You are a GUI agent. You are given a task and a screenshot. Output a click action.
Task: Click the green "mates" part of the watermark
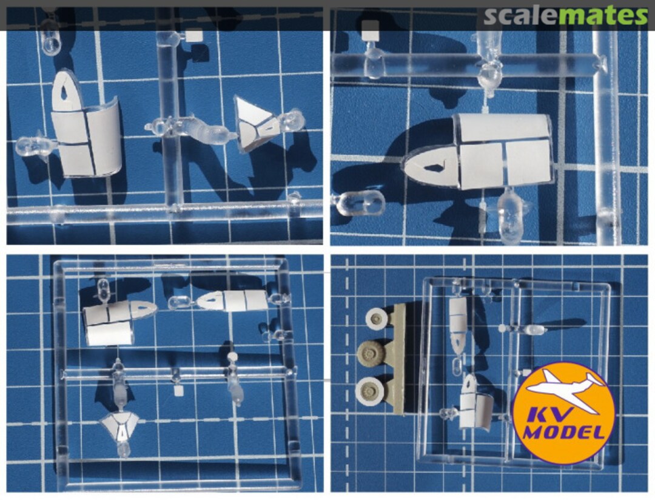pyautogui.click(x=603, y=16)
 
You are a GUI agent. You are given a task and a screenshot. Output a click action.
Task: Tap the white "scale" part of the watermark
pyautogui.click(x=520, y=16)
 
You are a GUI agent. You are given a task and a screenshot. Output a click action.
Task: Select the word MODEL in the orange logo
pyautogui.click(x=565, y=431)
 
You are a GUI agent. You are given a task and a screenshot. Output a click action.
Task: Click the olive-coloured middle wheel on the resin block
pyautogui.click(x=369, y=353)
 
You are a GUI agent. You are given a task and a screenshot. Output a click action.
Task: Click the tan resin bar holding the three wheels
pyautogui.click(x=398, y=358)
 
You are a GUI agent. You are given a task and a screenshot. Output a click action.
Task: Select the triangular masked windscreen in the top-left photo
pyautogui.click(x=255, y=124)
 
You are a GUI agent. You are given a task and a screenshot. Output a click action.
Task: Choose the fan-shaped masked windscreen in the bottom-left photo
pyautogui.click(x=121, y=426)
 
